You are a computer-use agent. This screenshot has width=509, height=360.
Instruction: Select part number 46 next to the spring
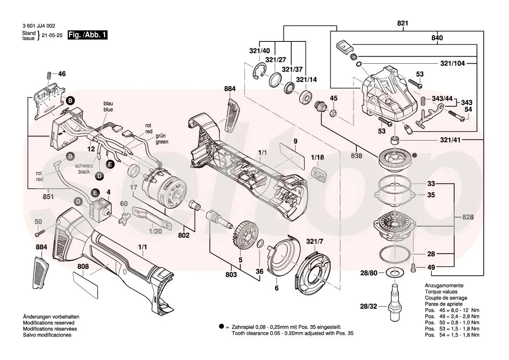pyautogui.click(x=62, y=74)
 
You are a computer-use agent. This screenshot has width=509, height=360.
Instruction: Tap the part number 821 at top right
pyautogui.click(x=403, y=24)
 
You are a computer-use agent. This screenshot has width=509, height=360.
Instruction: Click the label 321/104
pyautogui.click(x=452, y=63)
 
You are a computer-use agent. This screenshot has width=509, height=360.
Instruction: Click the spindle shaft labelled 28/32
pyautogui.click(x=395, y=301)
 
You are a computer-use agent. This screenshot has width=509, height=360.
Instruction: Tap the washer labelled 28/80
pyautogui.click(x=395, y=273)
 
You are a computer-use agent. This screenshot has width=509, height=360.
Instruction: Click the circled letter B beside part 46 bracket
pyautogui.click(x=70, y=100)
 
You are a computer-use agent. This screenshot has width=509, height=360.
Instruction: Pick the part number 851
pyautogui.click(x=48, y=197)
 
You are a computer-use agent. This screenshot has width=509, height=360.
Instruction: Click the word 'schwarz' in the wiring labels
pyautogui.click(x=83, y=166)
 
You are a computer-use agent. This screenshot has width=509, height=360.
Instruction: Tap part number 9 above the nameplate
pyautogui.click(x=295, y=141)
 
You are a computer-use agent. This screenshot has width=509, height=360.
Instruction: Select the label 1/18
pyautogui.click(x=317, y=157)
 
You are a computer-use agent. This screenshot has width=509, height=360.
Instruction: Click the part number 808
pyautogui.click(x=83, y=266)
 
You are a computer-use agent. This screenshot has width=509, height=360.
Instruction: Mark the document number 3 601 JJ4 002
pyautogui.click(x=39, y=26)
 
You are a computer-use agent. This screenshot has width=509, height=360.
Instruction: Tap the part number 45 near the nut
pyautogui.click(x=334, y=98)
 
